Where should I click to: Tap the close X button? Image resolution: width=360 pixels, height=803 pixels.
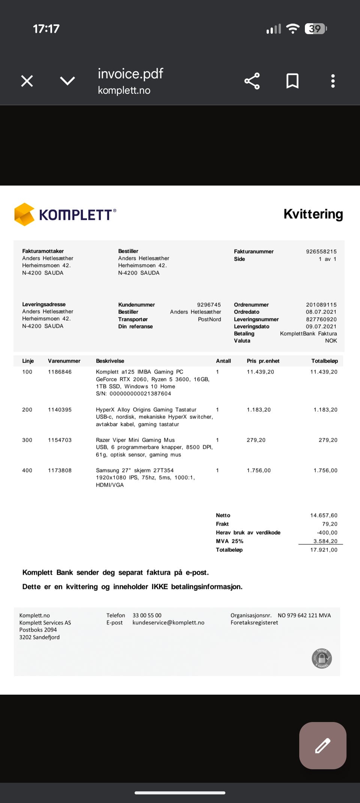click(x=27, y=81)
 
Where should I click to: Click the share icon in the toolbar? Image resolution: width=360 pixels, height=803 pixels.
click(x=252, y=81)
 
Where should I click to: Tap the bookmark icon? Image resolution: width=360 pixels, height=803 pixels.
click(x=292, y=81)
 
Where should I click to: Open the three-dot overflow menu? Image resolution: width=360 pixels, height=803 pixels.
click(x=333, y=81)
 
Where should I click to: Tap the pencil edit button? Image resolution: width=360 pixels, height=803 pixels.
click(x=322, y=746)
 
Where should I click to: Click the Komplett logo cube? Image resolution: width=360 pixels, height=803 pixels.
click(x=24, y=214)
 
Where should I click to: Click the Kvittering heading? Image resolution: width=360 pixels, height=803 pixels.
click(x=313, y=214)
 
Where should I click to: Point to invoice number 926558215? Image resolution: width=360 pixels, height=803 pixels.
click(x=321, y=252)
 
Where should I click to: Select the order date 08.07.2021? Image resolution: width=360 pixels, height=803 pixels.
click(x=321, y=312)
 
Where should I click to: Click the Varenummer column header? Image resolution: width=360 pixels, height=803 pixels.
click(x=64, y=361)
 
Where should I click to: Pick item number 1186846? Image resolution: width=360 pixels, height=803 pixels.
click(x=60, y=372)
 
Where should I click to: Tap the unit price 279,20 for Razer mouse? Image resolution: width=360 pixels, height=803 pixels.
click(x=256, y=440)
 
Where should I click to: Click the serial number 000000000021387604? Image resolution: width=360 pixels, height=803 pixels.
click(x=140, y=394)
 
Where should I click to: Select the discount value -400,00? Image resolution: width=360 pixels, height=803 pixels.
click(x=327, y=533)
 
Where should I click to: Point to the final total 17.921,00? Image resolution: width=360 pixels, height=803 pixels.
click(x=324, y=550)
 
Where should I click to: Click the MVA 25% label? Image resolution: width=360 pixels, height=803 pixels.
click(x=229, y=541)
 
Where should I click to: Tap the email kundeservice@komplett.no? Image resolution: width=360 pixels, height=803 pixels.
click(x=168, y=623)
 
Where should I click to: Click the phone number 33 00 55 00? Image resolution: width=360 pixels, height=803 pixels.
click(x=147, y=616)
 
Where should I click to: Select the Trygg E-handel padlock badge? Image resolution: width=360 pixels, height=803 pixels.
click(x=322, y=658)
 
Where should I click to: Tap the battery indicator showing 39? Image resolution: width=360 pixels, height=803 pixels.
click(x=316, y=29)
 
